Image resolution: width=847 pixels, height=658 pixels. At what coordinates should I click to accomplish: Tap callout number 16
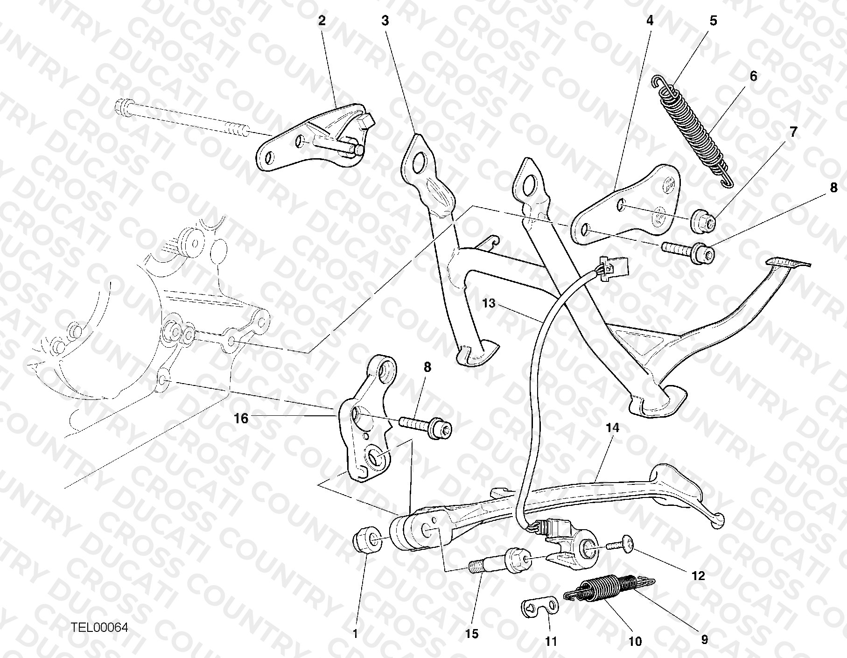tap(241, 419)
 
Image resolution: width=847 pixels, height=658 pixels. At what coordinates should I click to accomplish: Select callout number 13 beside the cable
tap(489, 304)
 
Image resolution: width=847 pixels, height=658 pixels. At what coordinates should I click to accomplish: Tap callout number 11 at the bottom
tap(552, 642)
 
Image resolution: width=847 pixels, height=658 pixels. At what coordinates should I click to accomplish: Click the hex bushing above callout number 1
tap(365, 539)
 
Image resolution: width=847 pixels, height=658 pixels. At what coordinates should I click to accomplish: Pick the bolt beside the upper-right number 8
tap(688, 251)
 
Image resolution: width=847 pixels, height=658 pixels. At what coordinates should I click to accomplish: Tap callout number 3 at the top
tap(385, 20)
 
